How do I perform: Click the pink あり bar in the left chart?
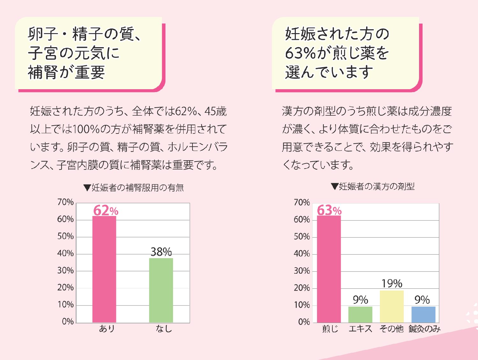104,269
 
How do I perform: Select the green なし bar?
161,290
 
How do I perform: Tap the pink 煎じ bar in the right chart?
329,269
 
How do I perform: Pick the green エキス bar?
360,314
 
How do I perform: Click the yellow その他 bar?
392,306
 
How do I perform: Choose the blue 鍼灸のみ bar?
423,314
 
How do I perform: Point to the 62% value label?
105,211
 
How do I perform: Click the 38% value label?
161,252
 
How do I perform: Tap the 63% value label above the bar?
329,210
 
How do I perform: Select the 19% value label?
392,283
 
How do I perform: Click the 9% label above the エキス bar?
360,300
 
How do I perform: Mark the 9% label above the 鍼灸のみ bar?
422,300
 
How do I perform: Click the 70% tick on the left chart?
65,202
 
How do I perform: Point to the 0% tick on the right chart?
304,322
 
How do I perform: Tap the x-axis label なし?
164,329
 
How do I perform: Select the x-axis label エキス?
360,329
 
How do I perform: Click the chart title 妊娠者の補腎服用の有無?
134,188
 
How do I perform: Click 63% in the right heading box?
300,53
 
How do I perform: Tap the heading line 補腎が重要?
66,72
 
